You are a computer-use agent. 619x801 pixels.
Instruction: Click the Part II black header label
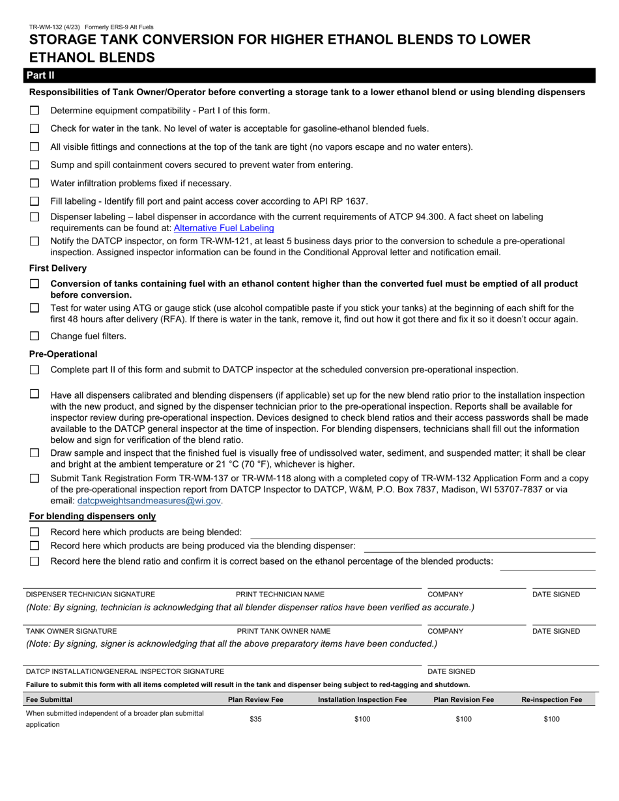(x=40, y=76)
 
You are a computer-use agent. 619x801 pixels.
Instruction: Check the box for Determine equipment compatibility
(x=35, y=111)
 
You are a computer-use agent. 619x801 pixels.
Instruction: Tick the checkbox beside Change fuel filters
(x=35, y=336)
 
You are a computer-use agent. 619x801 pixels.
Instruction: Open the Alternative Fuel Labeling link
(x=223, y=228)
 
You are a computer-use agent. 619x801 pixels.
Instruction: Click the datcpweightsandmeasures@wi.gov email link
(x=149, y=501)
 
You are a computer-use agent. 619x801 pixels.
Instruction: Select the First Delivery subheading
(x=58, y=268)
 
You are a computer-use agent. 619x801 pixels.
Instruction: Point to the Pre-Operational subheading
(x=63, y=354)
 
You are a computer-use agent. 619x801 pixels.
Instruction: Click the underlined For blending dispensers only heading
(x=93, y=516)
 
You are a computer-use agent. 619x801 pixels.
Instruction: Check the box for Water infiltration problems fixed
(x=35, y=183)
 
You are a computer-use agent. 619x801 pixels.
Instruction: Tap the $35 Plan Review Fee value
(x=255, y=719)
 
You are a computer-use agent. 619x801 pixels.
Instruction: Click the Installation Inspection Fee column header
(x=362, y=699)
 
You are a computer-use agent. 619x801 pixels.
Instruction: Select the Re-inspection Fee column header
(x=551, y=699)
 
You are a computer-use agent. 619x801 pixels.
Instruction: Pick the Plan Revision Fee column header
(x=463, y=699)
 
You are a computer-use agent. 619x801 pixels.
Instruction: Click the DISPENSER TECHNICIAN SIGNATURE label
(x=91, y=595)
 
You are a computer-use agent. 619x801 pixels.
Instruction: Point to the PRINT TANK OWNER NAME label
(x=283, y=631)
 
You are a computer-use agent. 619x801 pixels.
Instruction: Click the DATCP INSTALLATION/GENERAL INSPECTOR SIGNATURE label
(x=125, y=671)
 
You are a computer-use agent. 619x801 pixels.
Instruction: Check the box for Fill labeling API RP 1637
(x=35, y=201)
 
